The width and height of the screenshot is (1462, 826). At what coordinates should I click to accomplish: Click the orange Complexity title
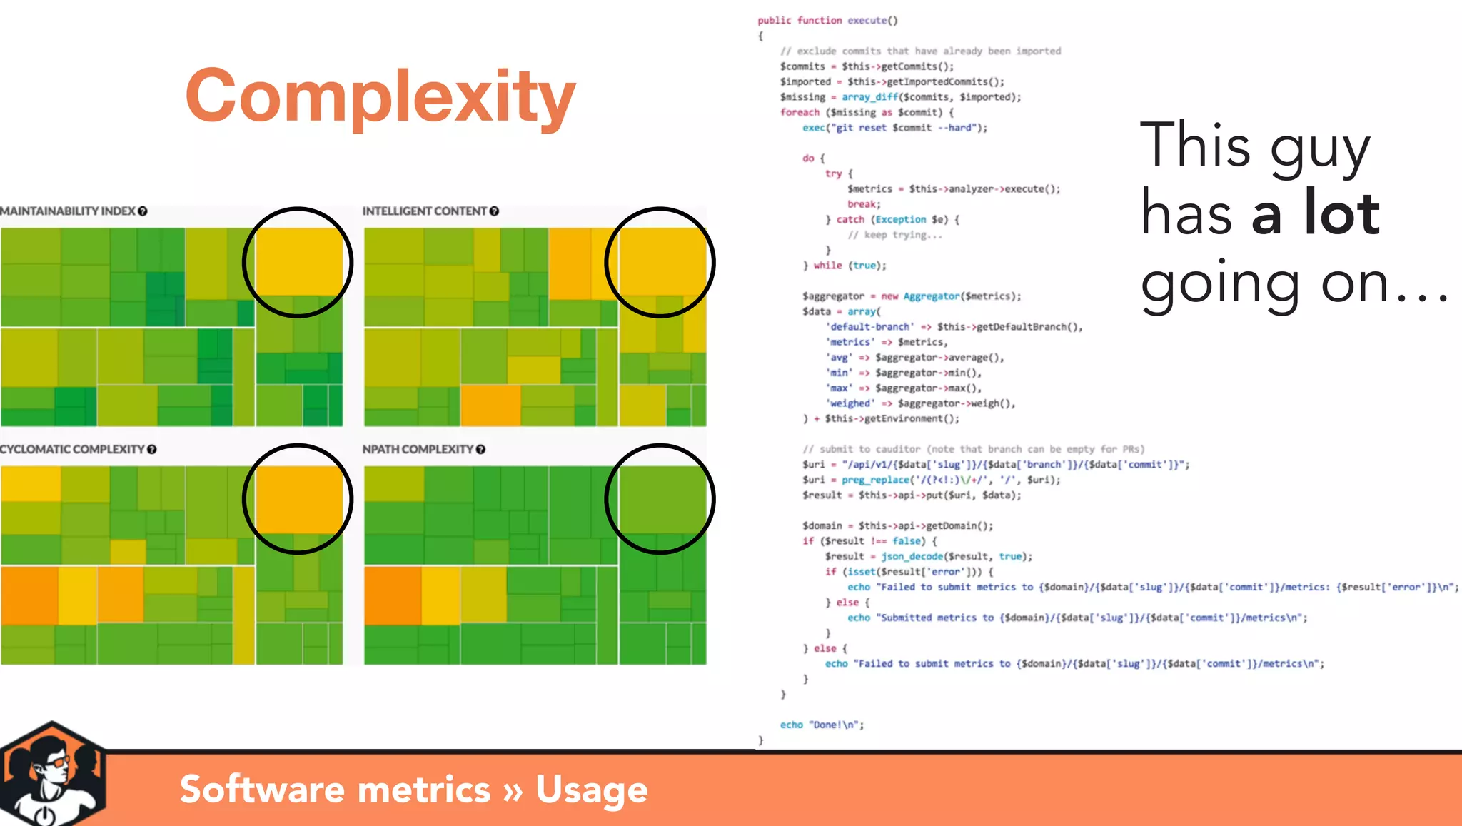pos(380,97)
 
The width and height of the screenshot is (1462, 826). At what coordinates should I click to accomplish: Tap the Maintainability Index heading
pos(68,211)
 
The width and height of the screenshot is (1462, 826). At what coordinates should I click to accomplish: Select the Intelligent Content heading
pos(424,211)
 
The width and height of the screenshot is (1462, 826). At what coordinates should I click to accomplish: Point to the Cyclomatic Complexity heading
pos(72,449)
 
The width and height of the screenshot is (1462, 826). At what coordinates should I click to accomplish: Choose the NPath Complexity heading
pos(418,449)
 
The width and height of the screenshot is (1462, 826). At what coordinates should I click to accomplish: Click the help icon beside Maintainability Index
pos(143,211)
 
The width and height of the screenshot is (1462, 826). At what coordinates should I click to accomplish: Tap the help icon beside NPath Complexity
pos(480,449)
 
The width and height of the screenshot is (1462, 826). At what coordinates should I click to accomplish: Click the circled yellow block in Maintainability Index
pos(298,261)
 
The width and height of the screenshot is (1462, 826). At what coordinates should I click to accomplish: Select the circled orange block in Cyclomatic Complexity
pos(298,499)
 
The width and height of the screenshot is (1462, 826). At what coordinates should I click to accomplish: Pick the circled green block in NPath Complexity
pos(661,499)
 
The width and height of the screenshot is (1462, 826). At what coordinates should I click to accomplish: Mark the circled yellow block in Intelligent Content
pos(661,261)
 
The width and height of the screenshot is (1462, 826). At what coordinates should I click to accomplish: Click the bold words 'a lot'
pos(1316,213)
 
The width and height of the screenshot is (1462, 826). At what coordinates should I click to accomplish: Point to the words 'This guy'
pos(1255,146)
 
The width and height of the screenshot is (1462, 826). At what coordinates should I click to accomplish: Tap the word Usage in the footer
pos(592,790)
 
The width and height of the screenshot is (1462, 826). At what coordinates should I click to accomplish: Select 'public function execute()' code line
pos(827,20)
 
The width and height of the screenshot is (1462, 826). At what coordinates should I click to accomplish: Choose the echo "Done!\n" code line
pos(822,725)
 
